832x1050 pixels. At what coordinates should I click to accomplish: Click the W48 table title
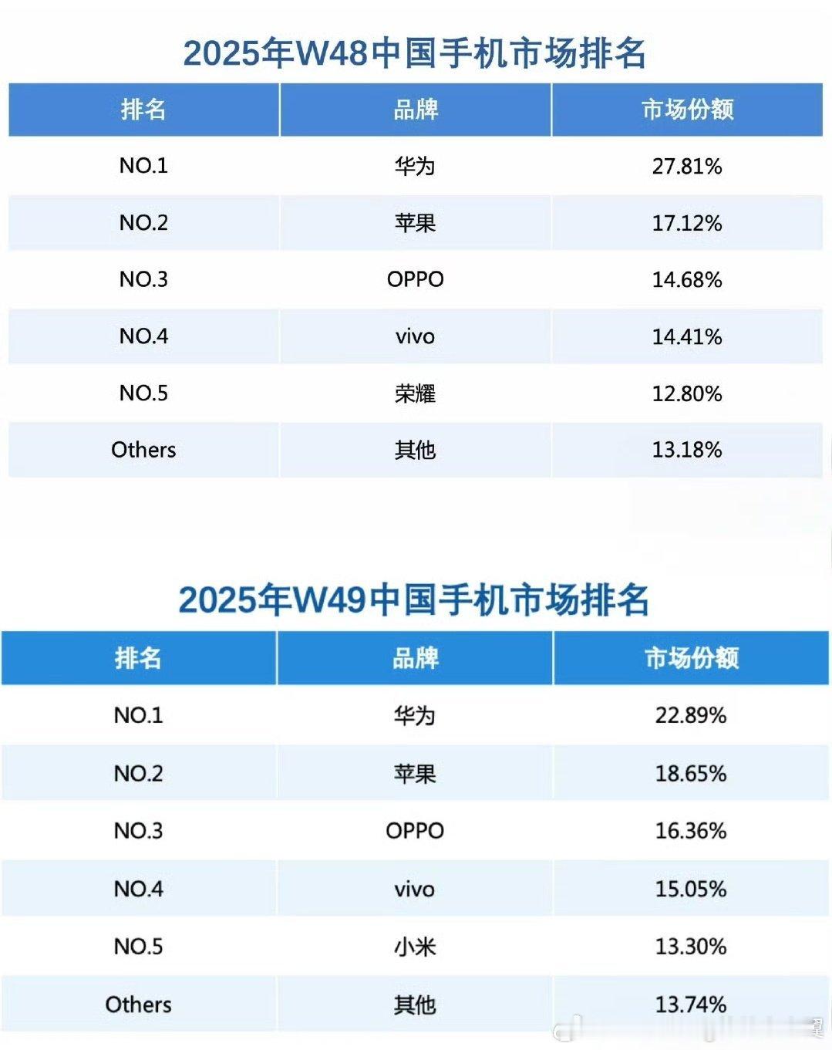point(415,54)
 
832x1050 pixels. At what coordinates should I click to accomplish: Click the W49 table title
point(414,600)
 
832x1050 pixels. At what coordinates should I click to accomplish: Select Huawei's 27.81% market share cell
point(687,166)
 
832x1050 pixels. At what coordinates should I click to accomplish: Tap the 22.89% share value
point(691,715)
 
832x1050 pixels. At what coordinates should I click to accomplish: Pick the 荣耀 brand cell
point(415,393)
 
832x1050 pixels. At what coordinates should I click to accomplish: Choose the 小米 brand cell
point(415,947)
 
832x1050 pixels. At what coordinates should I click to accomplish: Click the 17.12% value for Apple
point(687,223)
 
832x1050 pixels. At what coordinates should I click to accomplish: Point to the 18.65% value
point(691,773)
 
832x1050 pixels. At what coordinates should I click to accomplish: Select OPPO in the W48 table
point(415,279)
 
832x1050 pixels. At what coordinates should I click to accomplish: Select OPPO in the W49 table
point(415,831)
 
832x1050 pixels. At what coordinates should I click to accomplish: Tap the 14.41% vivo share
point(687,336)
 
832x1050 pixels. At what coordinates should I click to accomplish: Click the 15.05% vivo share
point(691,889)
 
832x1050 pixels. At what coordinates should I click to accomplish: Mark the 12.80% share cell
point(687,393)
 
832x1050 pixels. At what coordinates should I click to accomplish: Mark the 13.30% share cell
point(691,947)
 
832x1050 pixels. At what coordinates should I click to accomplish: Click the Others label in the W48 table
point(143,450)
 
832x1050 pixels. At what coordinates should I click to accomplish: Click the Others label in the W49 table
point(139,1004)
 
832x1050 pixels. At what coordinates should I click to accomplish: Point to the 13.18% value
point(687,450)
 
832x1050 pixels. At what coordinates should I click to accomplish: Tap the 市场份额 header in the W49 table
point(691,658)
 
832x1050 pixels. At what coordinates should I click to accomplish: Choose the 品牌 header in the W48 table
point(415,110)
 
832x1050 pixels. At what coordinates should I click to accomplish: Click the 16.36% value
point(691,831)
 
